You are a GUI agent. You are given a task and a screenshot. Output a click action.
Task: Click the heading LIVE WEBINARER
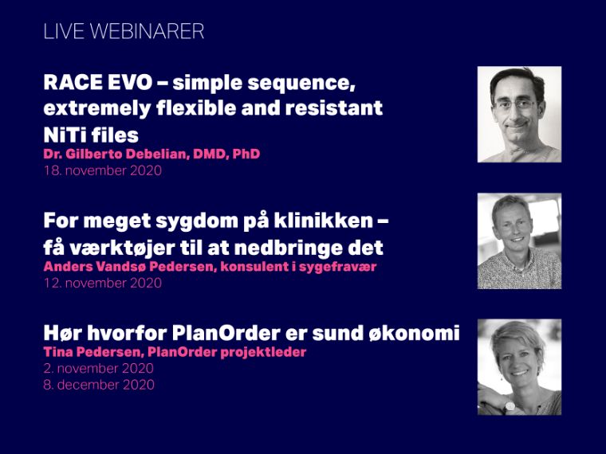click(x=124, y=31)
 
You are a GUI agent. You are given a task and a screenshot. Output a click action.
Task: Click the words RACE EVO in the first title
click(x=98, y=82)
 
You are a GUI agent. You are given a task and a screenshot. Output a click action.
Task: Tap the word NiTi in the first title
click(x=64, y=135)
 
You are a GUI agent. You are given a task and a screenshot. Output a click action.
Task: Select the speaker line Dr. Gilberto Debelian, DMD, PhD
click(x=151, y=154)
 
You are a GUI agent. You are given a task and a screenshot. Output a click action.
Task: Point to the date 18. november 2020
click(x=102, y=170)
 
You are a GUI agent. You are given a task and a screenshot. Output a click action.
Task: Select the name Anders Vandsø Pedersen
click(x=128, y=266)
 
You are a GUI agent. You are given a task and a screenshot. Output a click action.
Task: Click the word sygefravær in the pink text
click(x=337, y=267)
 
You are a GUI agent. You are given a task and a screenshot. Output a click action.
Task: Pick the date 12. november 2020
click(x=102, y=283)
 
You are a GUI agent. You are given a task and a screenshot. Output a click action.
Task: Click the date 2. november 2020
click(x=99, y=368)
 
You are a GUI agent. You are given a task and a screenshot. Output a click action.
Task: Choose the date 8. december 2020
click(x=99, y=385)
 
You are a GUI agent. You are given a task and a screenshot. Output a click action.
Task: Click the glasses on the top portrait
click(x=514, y=104)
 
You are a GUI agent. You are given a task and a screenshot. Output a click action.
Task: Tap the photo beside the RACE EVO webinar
click(x=519, y=114)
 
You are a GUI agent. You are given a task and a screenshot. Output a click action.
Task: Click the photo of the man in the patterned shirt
click(x=519, y=241)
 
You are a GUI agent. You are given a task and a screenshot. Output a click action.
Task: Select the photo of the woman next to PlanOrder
click(x=519, y=367)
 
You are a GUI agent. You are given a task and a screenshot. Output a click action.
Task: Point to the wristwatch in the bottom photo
click(x=510, y=406)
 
